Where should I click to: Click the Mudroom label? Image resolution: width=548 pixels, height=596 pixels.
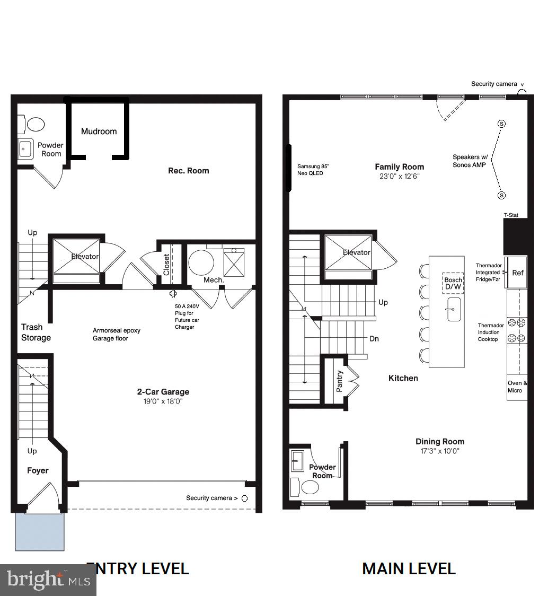coord(99,132)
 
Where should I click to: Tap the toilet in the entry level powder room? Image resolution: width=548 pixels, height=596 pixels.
coord(36,125)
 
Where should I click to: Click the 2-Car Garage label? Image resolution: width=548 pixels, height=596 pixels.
coord(163,392)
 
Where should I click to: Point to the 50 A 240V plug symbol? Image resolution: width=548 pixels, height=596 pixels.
coord(173,294)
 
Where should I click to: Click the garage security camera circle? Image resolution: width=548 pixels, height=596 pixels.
coord(244,498)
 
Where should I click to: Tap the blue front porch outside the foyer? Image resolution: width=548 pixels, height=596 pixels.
coord(40,531)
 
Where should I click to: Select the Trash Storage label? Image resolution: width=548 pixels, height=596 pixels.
coord(36,332)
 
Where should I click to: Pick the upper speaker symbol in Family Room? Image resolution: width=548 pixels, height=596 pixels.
coord(501,124)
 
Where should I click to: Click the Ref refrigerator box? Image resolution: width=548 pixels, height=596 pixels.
coord(517,273)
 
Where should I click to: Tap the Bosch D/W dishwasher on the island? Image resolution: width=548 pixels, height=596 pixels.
coord(453,284)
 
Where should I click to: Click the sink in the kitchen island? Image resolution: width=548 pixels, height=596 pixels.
coord(454,309)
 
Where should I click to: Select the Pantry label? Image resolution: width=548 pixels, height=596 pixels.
coord(340,381)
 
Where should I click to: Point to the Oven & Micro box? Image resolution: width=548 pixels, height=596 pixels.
coord(517,387)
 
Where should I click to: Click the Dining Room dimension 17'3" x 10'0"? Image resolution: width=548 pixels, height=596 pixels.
coord(439,451)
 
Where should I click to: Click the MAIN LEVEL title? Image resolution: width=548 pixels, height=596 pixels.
coord(409,569)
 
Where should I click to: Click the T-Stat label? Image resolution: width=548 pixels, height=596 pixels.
coord(511,215)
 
